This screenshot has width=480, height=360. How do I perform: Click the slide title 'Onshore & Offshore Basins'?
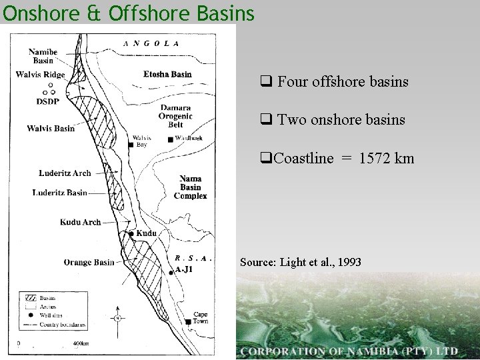coord(128,13)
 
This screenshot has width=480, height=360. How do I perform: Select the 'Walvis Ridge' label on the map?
coord(41,75)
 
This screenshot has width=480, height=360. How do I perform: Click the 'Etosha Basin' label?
coord(167,74)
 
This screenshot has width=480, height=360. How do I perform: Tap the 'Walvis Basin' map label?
coord(51,128)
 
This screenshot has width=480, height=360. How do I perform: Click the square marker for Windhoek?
coord(171,139)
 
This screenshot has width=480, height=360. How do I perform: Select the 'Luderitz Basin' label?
coord(60,193)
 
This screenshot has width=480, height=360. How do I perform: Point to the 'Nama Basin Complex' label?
coord(190,187)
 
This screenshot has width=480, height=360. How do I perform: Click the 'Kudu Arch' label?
coord(80,222)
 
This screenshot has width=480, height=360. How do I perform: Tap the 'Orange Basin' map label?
coord(89,262)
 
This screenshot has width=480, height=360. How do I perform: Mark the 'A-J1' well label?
coord(184,269)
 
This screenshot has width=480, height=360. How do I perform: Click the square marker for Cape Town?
coord(189,322)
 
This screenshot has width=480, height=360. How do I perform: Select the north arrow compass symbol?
coord(117,319)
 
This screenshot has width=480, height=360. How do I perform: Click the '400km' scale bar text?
coord(80,343)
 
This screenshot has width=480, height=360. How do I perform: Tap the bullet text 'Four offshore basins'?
coord(343,83)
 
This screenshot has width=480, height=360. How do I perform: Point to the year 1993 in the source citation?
coord(350,262)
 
